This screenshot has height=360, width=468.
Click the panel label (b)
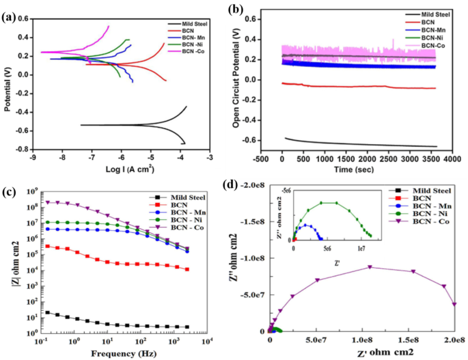coord(237,10)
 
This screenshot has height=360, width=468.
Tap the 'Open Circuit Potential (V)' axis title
coord(236,80)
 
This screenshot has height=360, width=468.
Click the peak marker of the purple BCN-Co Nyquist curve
coord(370,267)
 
